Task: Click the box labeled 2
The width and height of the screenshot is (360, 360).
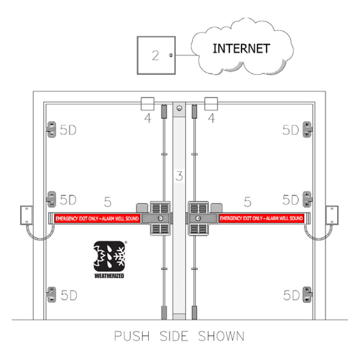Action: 156,55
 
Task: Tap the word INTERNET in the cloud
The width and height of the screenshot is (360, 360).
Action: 241,49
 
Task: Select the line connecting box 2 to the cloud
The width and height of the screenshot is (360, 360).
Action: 186,55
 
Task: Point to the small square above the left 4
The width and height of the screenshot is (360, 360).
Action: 148,104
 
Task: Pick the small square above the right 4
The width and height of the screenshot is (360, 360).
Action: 211,104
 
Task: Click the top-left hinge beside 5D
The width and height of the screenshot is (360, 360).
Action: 51,130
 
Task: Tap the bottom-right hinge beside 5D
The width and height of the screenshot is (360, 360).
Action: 307,295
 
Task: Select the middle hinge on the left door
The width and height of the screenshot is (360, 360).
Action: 51,199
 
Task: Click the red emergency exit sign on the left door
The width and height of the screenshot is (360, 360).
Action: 97,218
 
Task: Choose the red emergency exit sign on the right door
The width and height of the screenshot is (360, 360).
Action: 261,218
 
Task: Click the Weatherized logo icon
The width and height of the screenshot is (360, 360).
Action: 109,256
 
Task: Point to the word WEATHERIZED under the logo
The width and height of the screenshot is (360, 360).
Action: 109,276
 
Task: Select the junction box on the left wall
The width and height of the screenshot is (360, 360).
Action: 26,215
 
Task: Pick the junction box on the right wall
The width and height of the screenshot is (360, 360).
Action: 332,215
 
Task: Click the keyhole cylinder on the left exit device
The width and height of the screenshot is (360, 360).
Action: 160,218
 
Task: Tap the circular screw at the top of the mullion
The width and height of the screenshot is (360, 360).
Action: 179,108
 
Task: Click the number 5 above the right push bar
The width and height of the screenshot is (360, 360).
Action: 248,202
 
